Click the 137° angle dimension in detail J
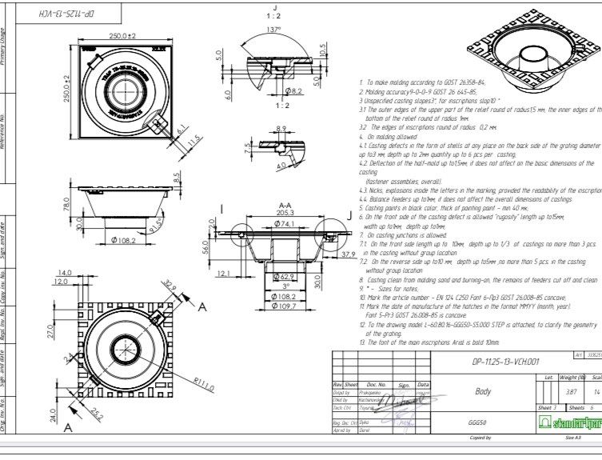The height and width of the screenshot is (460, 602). [x=274, y=30]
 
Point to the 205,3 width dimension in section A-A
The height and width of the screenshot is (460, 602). [x=275, y=213]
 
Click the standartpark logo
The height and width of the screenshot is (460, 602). [x=570, y=422]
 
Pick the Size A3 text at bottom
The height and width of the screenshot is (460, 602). [x=572, y=438]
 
